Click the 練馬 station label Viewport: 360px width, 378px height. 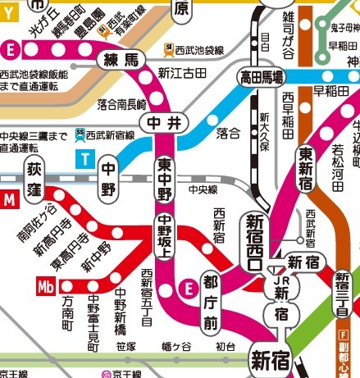click(x=121, y=60)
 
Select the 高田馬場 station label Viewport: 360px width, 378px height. click(x=261, y=79)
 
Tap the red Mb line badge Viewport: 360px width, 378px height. click(x=48, y=286)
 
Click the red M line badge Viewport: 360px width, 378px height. click(x=9, y=198)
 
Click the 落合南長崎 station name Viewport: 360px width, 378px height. click(x=121, y=104)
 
